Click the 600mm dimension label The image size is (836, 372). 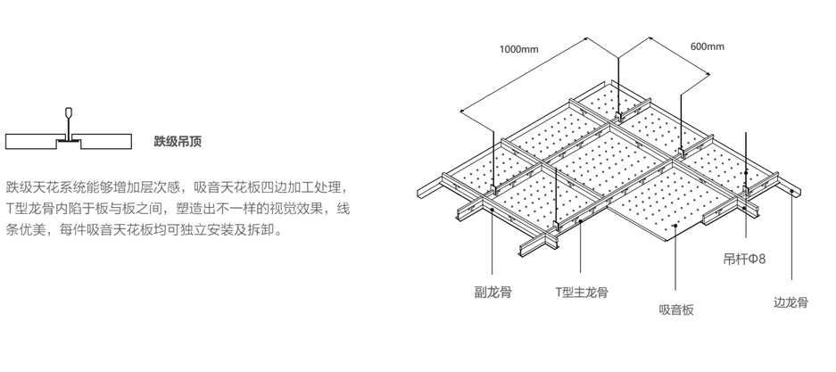(x=708, y=46)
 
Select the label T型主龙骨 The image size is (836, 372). (x=581, y=292)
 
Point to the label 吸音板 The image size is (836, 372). (x=676, y=310)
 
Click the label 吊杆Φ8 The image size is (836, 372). (x=744, y=260)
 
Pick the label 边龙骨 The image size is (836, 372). (x=790, y=302)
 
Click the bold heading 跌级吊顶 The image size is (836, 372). (x=178, y=141)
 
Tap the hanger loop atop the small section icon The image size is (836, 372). (x=69, y=113)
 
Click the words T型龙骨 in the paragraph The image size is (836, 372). (x=31, y=209)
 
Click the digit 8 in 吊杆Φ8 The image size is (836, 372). (x=762, y=260)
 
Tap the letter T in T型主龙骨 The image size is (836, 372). (x=557, y=292)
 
